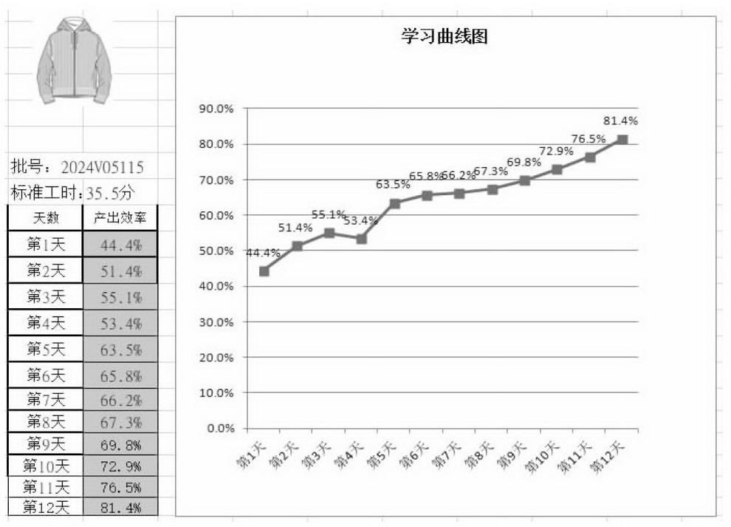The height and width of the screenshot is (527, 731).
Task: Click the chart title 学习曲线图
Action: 445,37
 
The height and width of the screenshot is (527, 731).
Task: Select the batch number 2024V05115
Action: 102,167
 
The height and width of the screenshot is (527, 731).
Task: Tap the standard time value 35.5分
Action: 111,194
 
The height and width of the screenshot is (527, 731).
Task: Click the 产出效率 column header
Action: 120,217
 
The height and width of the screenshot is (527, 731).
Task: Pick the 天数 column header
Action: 46,217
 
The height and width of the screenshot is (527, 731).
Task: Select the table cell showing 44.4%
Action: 120,245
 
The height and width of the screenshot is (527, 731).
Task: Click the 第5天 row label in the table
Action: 46,348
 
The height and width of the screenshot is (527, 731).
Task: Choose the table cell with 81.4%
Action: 120,506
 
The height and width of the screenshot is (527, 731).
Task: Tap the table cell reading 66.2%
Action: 120,400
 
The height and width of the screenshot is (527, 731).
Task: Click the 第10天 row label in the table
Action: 46,466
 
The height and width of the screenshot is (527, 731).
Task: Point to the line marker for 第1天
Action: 264,271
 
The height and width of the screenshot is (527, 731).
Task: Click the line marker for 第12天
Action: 622,140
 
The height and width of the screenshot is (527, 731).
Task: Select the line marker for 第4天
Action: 362,239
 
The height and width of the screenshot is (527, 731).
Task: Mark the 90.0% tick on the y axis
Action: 216,109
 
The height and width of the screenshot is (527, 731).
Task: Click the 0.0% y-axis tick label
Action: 219,428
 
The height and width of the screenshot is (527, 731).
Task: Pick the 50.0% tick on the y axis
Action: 216,251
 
